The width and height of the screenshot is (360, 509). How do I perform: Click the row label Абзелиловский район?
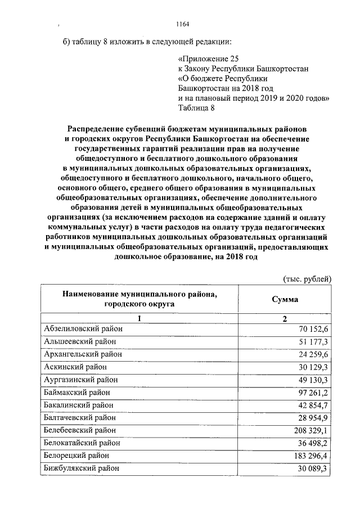tap(80, 328)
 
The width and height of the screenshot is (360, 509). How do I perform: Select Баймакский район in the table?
tap(76, 392)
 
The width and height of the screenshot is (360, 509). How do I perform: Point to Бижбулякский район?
tap(81, 468)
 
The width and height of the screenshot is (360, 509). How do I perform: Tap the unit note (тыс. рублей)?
tap(307, 279)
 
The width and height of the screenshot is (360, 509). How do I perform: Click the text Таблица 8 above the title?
tap(196, 108)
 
